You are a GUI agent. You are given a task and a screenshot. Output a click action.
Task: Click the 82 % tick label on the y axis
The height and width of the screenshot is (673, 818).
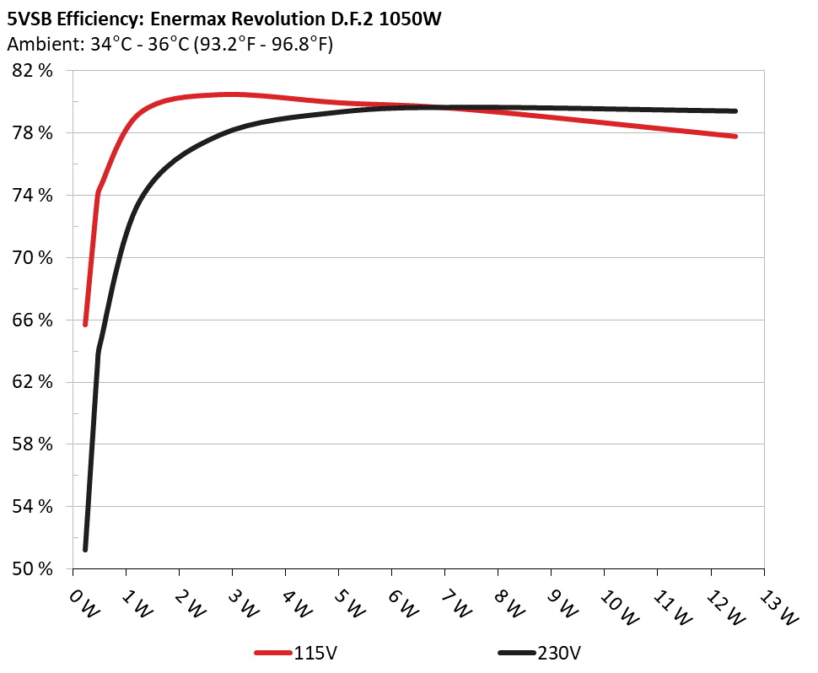click(33, 71)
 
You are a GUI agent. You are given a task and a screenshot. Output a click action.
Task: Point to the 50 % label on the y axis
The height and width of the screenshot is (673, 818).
click(33, 568)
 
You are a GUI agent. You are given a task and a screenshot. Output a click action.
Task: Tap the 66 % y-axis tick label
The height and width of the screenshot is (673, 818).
click(33, 320)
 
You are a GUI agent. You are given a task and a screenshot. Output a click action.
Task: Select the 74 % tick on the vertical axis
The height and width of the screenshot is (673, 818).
click(33, 196)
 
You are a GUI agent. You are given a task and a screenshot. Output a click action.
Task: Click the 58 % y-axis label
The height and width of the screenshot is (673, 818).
click(33, 444)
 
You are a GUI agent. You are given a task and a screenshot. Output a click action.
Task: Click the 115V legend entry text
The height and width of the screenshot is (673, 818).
click(317, 653)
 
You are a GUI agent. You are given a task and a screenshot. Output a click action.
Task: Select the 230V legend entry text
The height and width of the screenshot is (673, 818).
click(560, 653)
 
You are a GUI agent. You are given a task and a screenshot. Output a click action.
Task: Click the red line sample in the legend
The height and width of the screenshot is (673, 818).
click(273, 653)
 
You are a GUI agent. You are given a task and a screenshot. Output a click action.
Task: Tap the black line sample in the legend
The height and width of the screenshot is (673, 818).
click(516, 653)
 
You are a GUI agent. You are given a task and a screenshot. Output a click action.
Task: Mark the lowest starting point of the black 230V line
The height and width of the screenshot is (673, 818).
click(85, 549)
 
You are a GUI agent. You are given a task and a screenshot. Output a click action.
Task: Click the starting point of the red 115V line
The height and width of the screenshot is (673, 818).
click(85, 324)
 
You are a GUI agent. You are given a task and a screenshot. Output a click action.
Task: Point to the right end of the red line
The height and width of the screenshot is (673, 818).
click(735, 136)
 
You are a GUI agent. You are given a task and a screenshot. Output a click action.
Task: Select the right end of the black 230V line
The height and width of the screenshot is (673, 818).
click(735, 110)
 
